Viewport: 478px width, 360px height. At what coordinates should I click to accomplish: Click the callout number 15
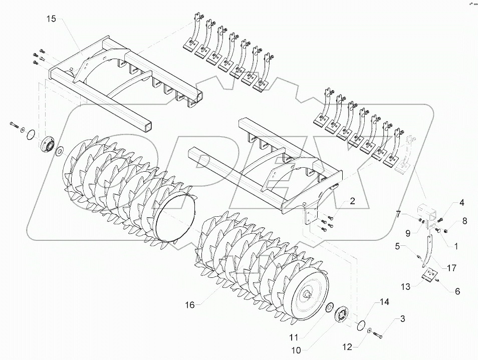pyautogui.click(x=52, y=19)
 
